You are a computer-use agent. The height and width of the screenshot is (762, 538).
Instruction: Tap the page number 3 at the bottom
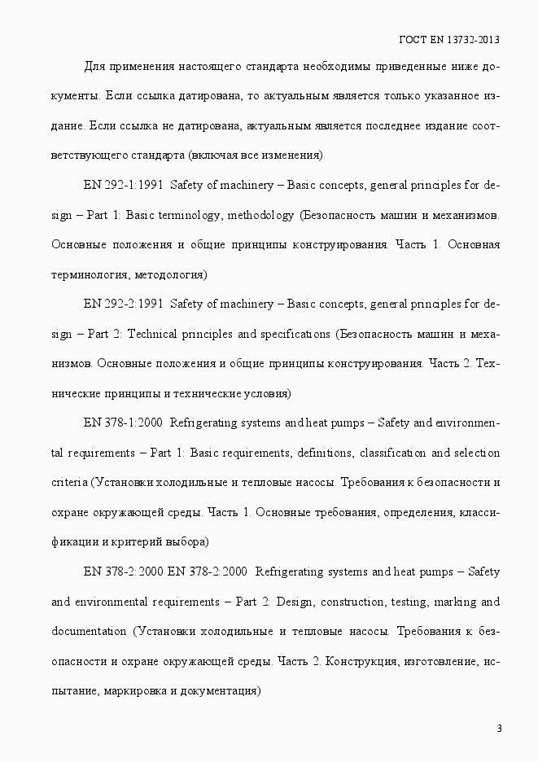pyautogui.click(x=499, y=728)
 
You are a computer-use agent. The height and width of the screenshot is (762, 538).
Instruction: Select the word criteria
pyautogui.click(x=68, y=482)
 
